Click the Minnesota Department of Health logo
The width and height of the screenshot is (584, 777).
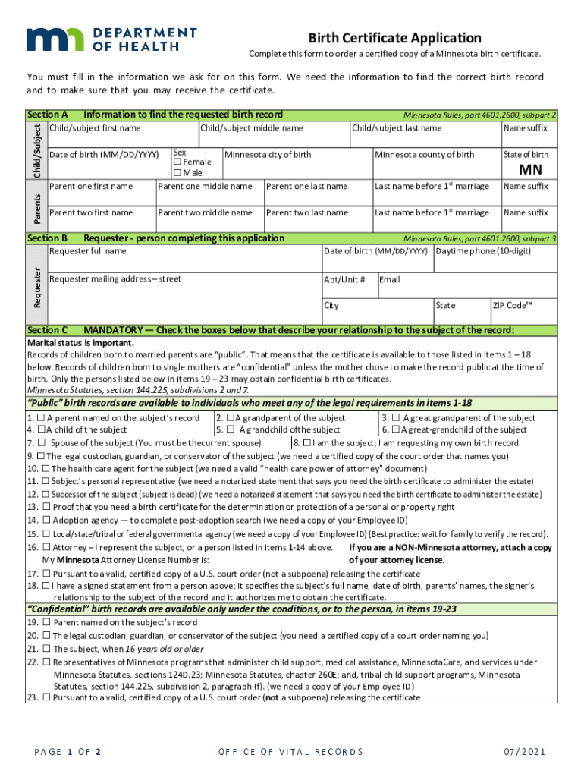(111, 39)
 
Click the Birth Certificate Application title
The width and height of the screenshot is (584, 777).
(394, 38)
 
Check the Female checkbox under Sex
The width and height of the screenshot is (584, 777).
(177, 162)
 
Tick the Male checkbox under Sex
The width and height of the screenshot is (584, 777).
(177, 173)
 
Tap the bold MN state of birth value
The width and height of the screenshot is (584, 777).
(529, 169)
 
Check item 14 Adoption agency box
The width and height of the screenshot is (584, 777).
(46, 520)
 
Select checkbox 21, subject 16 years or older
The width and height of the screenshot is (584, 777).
(46, 649)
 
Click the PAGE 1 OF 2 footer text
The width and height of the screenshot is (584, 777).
(68, 752)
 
